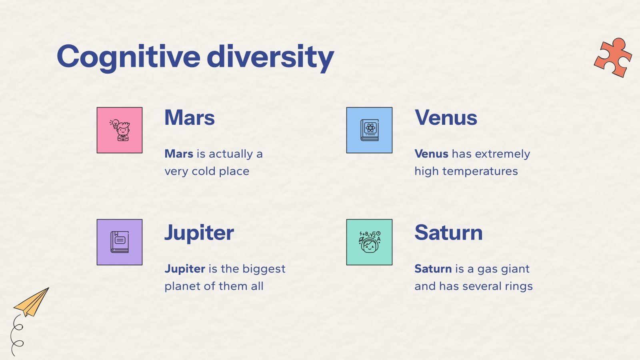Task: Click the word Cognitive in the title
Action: click(128, 57)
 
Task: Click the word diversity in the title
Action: click(271, 57)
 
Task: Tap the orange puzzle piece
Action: click(612, 57)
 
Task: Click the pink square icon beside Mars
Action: click(120, 130)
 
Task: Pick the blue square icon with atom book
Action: click(369, 130)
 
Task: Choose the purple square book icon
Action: click(120, 242)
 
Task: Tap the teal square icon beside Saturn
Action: click(369, 242)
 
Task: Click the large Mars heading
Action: click(190, 118)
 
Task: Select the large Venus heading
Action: click(446, 118)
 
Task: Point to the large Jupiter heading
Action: click(199, 233)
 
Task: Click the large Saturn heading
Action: click(448, 233)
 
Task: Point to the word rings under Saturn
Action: click(518, 286)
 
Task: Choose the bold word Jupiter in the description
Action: click(185, 269)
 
